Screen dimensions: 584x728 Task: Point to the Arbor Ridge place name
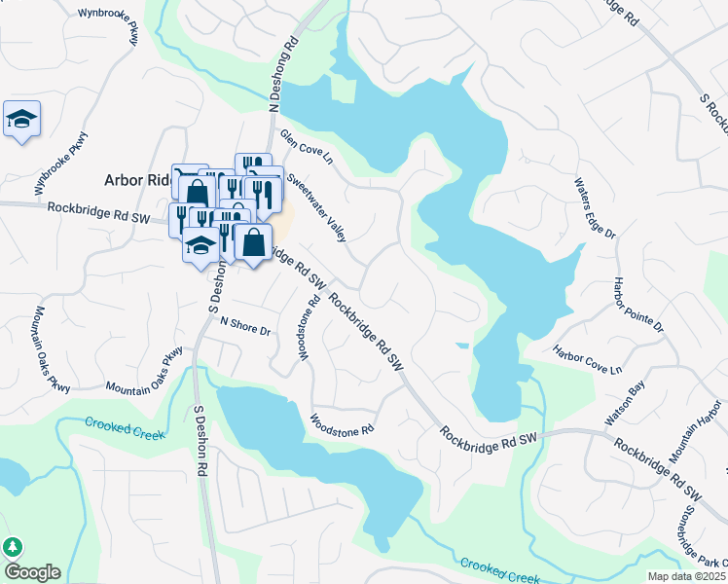(x=137, y=181)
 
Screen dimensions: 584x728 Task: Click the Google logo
(x=31, y=572)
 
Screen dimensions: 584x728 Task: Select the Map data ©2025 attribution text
(x=687, y=576)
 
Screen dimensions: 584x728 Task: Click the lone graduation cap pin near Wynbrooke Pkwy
(x=21, y=120)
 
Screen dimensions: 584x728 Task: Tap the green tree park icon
(x=14, y=547)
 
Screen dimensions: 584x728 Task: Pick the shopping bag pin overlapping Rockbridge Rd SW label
(x=253, y=242)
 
